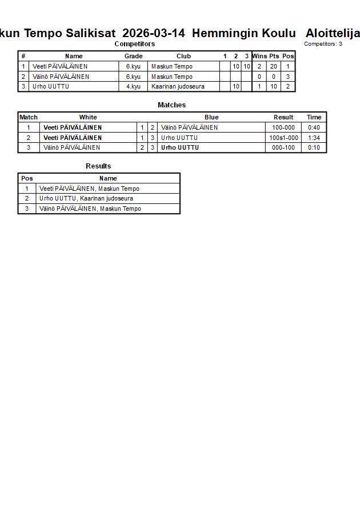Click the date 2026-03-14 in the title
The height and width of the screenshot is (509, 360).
click(154, 33)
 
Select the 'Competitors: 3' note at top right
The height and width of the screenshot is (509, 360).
click(323, 44)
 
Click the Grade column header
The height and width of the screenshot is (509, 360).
click(133, 56)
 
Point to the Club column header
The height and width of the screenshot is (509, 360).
click(183, 56)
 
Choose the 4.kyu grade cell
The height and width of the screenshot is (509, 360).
click(133, 87)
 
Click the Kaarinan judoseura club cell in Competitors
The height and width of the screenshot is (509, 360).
click(178, 87)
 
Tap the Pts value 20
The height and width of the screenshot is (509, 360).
click(274, 66)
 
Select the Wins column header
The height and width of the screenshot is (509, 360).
click(259, 56)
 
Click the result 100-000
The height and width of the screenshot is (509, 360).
click(283, 127)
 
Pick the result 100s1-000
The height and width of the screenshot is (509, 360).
click(283, 138)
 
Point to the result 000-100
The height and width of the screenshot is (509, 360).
click(283, 147)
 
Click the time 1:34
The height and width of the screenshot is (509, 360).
click(314, 138)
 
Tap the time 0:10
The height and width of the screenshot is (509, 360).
click(314, 147)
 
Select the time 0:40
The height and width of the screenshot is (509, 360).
click(314, 127)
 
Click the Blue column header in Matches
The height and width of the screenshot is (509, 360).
click(211, 117)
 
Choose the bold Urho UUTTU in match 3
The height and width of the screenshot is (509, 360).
click(180, 147)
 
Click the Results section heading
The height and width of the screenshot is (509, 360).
click(98, 166)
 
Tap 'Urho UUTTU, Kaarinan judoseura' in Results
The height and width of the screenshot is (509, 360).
click(86, 198)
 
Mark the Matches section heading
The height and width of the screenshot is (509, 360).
click(171, 105)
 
